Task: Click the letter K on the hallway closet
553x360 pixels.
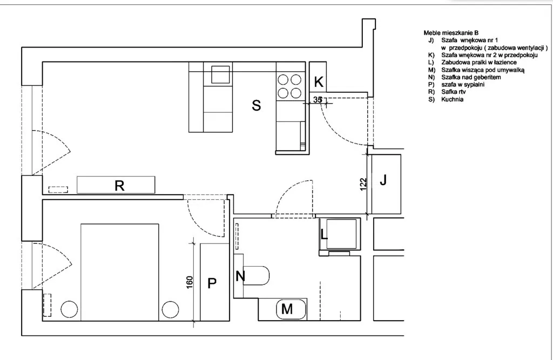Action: (x=319, y=82)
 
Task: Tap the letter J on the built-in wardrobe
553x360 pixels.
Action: (x=383, y=180)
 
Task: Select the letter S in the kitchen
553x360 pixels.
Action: (x=257, y=105)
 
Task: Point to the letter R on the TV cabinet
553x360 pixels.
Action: (x=119, y=186)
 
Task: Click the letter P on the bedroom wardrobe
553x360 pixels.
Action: (x=212, y=283)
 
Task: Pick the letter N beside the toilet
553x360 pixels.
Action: (x=240, y=276)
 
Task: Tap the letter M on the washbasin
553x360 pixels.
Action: (x=287, y=309)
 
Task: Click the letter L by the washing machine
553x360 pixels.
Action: (x=324, y=234)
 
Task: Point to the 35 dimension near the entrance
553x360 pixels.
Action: (x=318, y=100)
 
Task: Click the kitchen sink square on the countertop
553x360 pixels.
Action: (x=220, y=74)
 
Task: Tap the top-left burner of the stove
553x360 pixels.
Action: (x=283, y=80)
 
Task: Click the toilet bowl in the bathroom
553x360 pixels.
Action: (x=257, y=276)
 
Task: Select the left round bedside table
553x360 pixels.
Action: (x=69, y=310)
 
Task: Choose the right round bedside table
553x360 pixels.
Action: (x=170, y=310)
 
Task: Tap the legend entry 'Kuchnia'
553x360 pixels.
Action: (x=452, y=99)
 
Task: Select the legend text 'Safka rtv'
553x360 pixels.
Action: (x=454, y=92)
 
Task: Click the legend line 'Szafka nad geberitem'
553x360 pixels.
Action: (x=471, y=77)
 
